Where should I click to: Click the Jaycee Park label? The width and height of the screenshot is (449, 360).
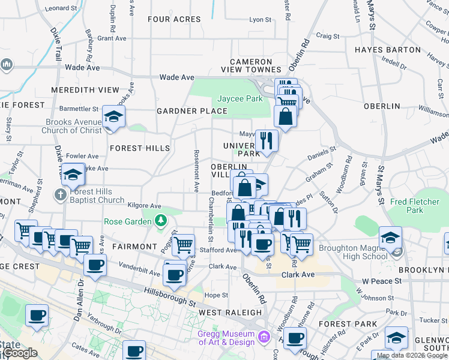[x=240, y=98]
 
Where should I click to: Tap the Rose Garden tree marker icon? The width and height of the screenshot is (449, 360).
[x=160, y=221]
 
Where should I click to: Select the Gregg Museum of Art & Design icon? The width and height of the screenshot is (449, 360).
[x=263, y=338]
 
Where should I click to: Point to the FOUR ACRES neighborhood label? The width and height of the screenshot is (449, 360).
[x=174, y=19]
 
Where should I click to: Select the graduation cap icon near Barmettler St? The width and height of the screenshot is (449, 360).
[x=113, y=116]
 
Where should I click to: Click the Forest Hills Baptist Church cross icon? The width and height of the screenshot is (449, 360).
[x=60, y=195]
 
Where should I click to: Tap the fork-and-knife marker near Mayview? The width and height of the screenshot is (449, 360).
[x=266, y=140]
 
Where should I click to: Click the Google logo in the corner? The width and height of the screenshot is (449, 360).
[x=20, y=353]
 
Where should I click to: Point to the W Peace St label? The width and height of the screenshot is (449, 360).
[x=381, y=281]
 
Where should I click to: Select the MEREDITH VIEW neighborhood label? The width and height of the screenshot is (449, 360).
[x=85, y=90]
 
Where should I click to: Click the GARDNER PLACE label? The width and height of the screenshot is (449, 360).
[x=192, y=111]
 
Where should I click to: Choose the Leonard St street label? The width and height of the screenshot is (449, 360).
[x=61, y=8]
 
